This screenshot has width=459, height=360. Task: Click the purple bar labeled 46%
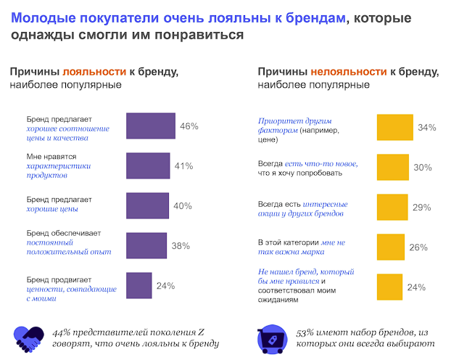[151, 126]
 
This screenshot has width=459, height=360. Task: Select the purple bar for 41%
[148, 165]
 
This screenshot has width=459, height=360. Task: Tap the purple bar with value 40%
[147, 205]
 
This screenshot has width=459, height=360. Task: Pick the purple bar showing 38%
[146, 245]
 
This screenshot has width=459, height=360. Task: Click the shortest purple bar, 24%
[139, 285]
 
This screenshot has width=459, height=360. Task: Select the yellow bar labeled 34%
[394, 127]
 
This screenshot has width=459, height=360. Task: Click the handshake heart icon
[28, 336]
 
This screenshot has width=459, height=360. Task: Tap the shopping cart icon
[270, 337]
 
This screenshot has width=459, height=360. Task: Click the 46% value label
[189, 126]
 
